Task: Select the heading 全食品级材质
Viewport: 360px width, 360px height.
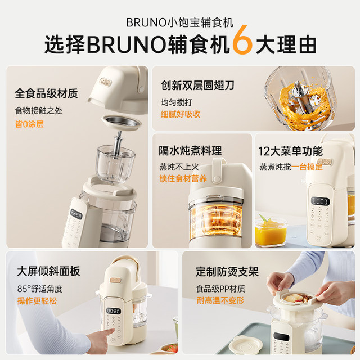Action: [46, 94]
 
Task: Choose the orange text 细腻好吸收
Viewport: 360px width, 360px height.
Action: [180, 114]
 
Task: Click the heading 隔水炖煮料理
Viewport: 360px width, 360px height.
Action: [190, 151]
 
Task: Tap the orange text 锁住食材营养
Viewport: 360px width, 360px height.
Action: [183, 179]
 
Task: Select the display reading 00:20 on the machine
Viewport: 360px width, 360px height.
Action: [114, 310]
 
